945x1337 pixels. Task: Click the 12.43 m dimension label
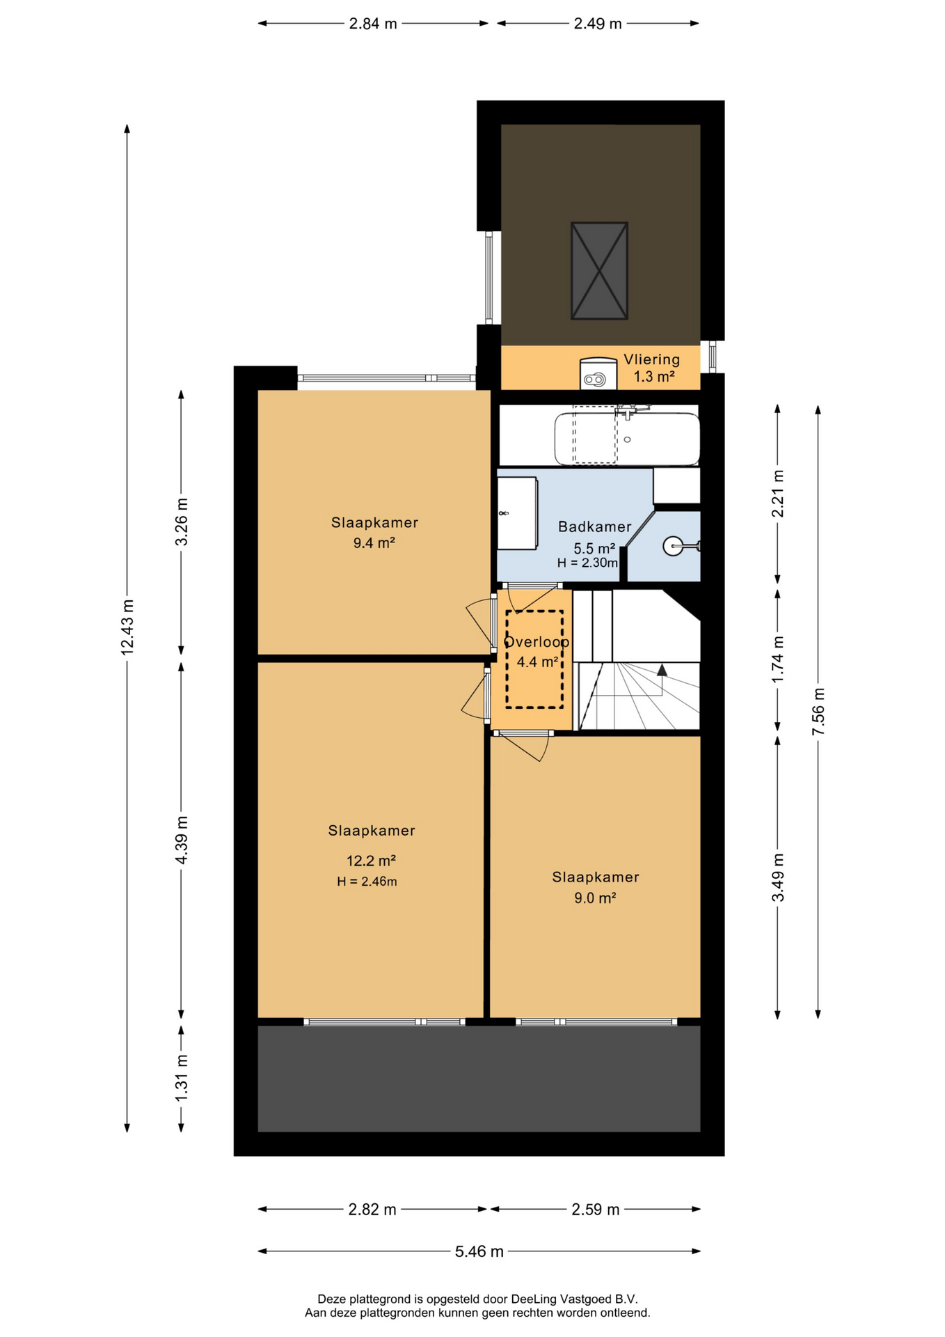point(127,626)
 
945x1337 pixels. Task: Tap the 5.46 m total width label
point(479,1251)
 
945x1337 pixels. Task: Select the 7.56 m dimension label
point(818,711)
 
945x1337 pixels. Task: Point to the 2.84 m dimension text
point(373,24)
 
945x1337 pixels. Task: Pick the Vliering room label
point(651,359)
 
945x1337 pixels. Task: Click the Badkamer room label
point(594,527)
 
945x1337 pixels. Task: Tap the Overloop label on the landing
point(537,642)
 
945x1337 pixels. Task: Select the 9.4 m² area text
point(374,543)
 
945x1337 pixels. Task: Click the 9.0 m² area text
point(595,898)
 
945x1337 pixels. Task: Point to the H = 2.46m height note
point(367,882)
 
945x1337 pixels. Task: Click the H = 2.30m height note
point(587,563)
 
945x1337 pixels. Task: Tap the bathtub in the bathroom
point(626,439)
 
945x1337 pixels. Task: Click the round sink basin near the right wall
point(673,547)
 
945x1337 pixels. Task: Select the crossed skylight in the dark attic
point(599,271)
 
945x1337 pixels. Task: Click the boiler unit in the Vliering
point(598,373)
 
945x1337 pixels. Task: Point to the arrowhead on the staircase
point(662,670)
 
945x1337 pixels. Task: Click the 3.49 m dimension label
point(778,877)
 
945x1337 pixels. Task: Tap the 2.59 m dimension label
point(596,1210)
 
